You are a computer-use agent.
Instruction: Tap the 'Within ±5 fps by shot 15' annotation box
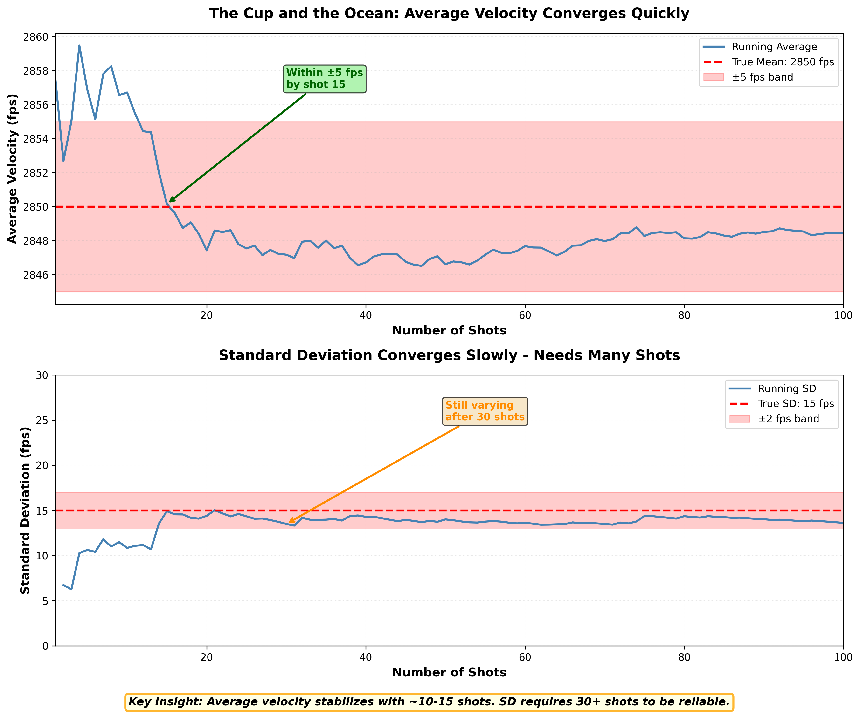click(324, 79)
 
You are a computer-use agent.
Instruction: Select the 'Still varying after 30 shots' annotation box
click(485, 411)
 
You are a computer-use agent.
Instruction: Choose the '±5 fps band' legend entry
click(762, 77)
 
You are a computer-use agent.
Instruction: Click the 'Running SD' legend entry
click(787, 389)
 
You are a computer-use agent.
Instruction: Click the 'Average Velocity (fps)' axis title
click(13, 169)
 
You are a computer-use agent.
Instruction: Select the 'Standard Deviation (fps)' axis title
click(25, 510)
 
